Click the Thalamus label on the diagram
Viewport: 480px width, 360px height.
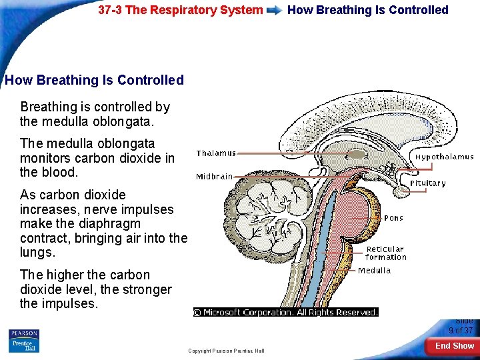pyautogui.click(x=215, y=153)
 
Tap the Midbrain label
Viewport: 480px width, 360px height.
pyautogui.click(x=214, y=177)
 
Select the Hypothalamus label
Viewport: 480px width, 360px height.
pyautogui.click(x=444, y=157)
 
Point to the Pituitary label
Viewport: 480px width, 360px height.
pyautogui.click(x=427, y=183)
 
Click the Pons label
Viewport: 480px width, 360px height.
pyautogui.click(x=393, y=218)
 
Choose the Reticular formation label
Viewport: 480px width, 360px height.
pyautogui.click(x=385, y=253)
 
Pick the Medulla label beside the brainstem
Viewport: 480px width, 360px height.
pyautogui.click(x=374, y=271)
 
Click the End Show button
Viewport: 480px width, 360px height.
pyautogui.click(x=454, y=346)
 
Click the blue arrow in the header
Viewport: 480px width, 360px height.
pyautogui.click(x=275, y=11)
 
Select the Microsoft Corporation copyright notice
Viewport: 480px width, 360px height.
pyautogui.click(x=285, y=312)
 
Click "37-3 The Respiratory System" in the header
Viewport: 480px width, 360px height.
pyautogui.click(x=180, y=10)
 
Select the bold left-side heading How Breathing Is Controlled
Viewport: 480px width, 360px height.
pyautogui.click(x=94, y=80)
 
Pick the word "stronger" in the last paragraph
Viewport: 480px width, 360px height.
pyautogui.click(x=144, y=289)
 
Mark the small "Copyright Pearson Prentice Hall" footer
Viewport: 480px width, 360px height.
pyautogui.click(x=226, y=351)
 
